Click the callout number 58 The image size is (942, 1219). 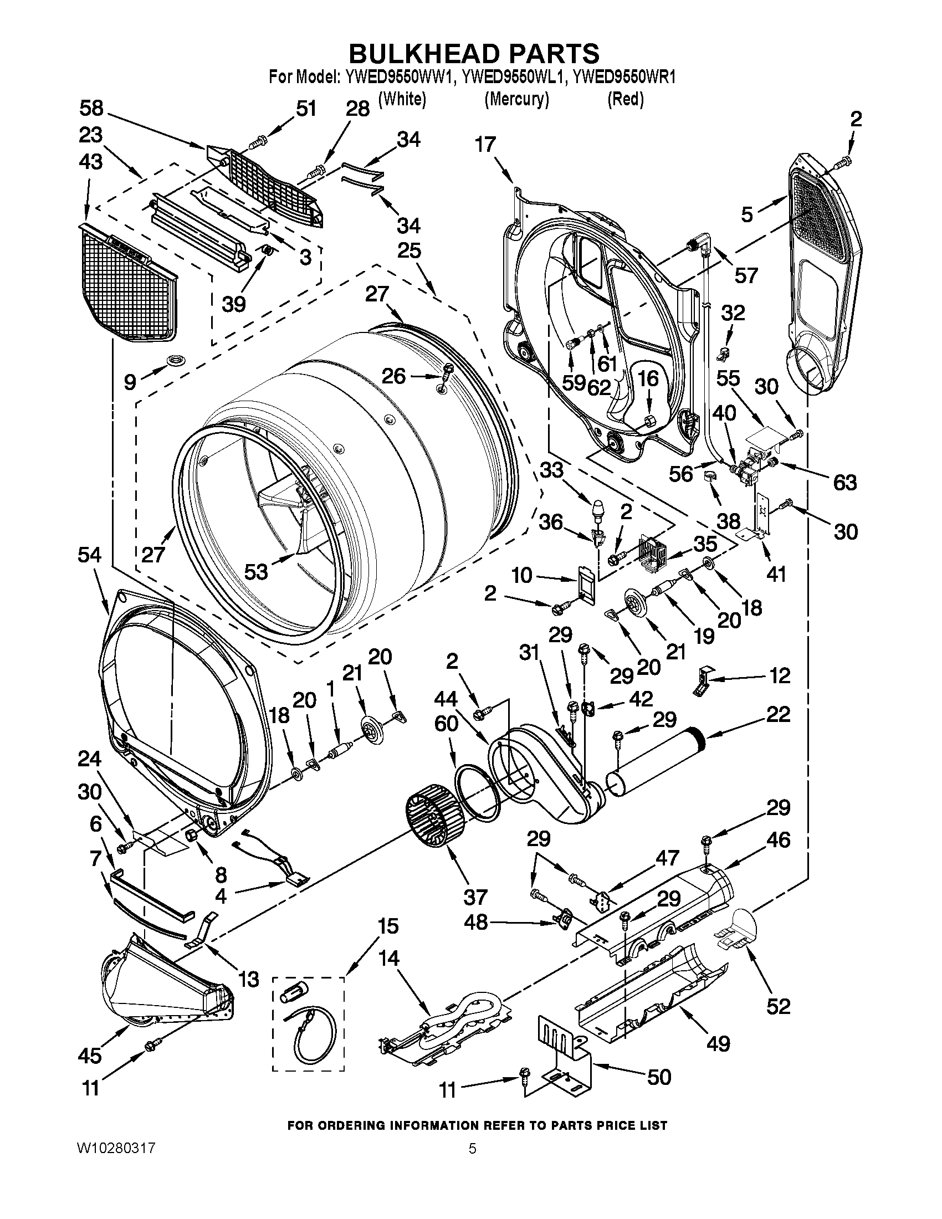pyautogui.click(x=91, y=107)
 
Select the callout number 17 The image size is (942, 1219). pyautogui.click(x=485, y=145)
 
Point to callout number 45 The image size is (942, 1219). pyautogui.click(x=90, y=1055)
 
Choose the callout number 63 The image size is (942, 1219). pyautogui.click(x=844, y=482)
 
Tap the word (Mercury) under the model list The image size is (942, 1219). pyautogui.click(x=516, y=99)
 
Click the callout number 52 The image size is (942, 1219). pyautogui.click(x=779, y=1006)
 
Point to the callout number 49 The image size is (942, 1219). pyautogui.click(x=718, y=1043)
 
